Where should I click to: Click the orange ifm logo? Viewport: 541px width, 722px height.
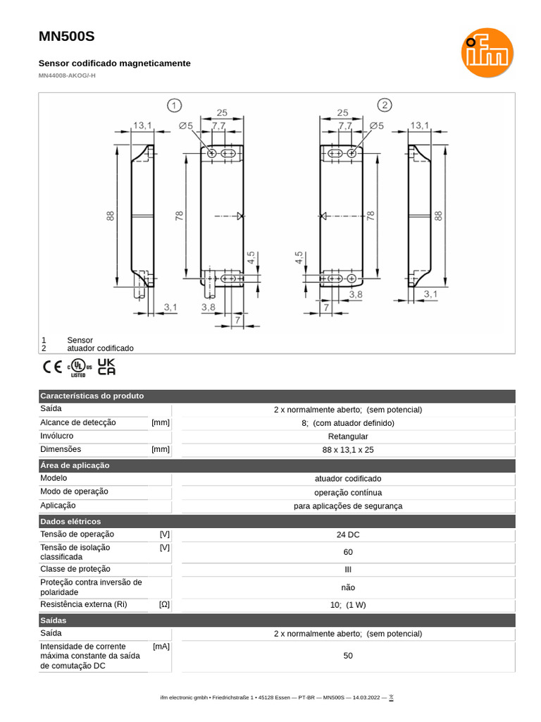pos(487,53)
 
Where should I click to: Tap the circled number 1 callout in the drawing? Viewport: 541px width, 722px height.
pos(174,106)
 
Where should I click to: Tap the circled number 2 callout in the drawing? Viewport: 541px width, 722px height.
pos(384,106)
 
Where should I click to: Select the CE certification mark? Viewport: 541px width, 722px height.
pos(52,367)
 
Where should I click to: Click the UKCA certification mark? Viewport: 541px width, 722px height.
pos(106,367)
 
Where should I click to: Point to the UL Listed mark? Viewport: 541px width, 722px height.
pos(79,368)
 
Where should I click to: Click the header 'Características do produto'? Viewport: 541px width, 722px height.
pos(92,396)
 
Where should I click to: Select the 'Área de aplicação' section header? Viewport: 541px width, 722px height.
pos(75,465)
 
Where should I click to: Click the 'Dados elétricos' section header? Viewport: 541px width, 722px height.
pos(70,521)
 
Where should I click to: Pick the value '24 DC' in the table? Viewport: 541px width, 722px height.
pos(348,535)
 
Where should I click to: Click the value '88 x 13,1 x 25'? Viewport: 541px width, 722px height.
pos(348,450)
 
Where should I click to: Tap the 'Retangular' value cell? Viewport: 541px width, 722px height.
pos(348,436)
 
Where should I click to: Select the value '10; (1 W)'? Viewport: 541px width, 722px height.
pos(348,605)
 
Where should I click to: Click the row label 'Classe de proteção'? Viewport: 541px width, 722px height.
pos(75,569)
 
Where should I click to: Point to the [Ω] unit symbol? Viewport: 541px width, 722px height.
pos(164,604)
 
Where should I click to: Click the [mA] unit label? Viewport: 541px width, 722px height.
pos(161,646)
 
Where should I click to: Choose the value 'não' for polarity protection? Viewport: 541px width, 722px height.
pos(348,587)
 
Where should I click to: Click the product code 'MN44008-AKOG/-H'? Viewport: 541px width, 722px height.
pos(67,75)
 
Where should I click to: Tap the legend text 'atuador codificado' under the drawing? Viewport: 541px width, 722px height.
pos(100,348)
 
